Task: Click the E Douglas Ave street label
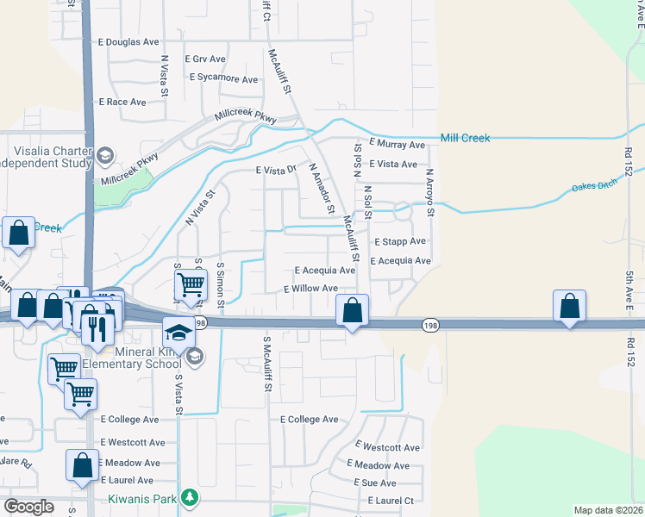pyautogui.click(x=129, y=41)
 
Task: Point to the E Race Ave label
pyautogui.click(x=122, y=102)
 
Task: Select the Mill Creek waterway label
pyautogui.click(x=465, y=138)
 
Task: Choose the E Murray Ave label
pyautogui.click(x=397, y=145)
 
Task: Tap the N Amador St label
pyautogui.click(x=321, y=189)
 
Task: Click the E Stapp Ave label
pyautogui.click(x=400, y=242)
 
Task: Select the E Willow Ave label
pyautogui.click(x=311, y=289)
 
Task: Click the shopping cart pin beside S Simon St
pyautogui.click(x=191, y=283)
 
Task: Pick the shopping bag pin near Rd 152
pyautogui.click(x=570, y=305)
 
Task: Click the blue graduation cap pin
pyautogui.click(x=178, y=332)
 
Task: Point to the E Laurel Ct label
pyautogui.click(x=391, y=501)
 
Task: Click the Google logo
pyautogui.click(x=28, y=506)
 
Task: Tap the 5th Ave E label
pyautogui.click(x=630, y=292)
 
